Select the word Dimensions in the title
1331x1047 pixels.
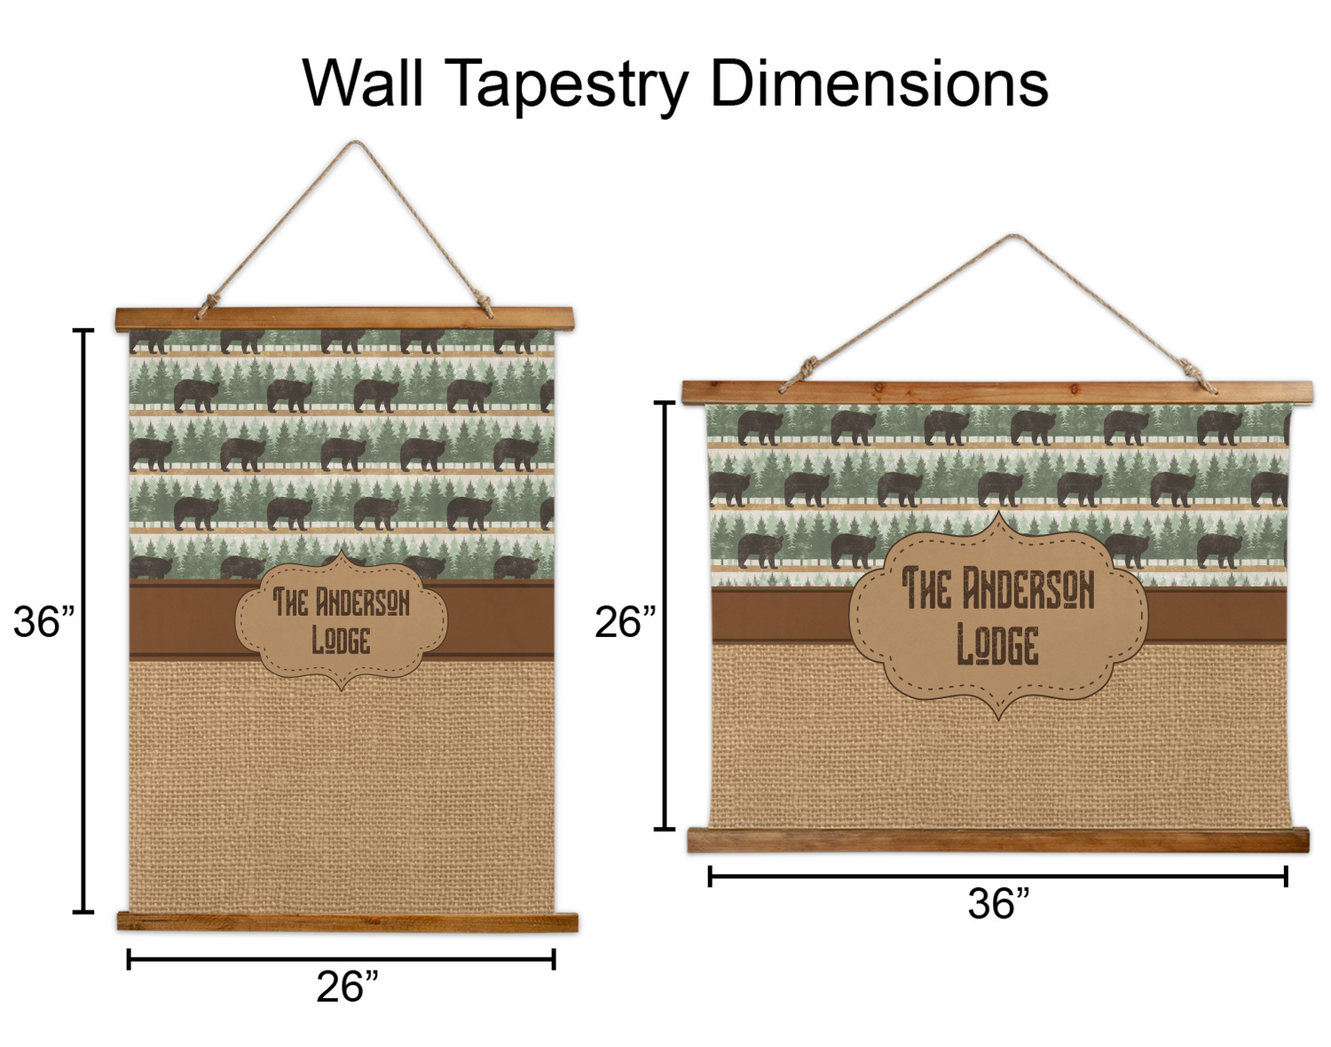pyautogui.click(x=879, y=83)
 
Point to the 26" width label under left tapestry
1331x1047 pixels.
pyautogui.click(x=347, y=987)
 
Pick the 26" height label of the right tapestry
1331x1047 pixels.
pyautogui.click(x=625, y=622)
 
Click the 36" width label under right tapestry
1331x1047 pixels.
pyautogui.click(x=998, y=904)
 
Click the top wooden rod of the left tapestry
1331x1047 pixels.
pyautogui.click(x=344, y=319)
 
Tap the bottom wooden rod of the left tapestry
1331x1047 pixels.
pyautogui.click(x=347, y=922)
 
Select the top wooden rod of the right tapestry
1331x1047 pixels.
pyautogui.click(x=996, y=391)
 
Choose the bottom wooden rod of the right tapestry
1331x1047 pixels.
pyautogui.click(x=998, y=839)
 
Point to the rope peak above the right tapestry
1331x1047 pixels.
pyautogui.click(x=1013, y=237)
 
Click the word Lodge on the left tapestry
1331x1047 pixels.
pyautogui.click(x=341, y=640)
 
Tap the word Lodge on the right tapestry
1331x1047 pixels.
pyautogui.click(x=997, y=645)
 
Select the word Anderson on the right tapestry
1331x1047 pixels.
pyautogui.click(x=1029, y=589)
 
